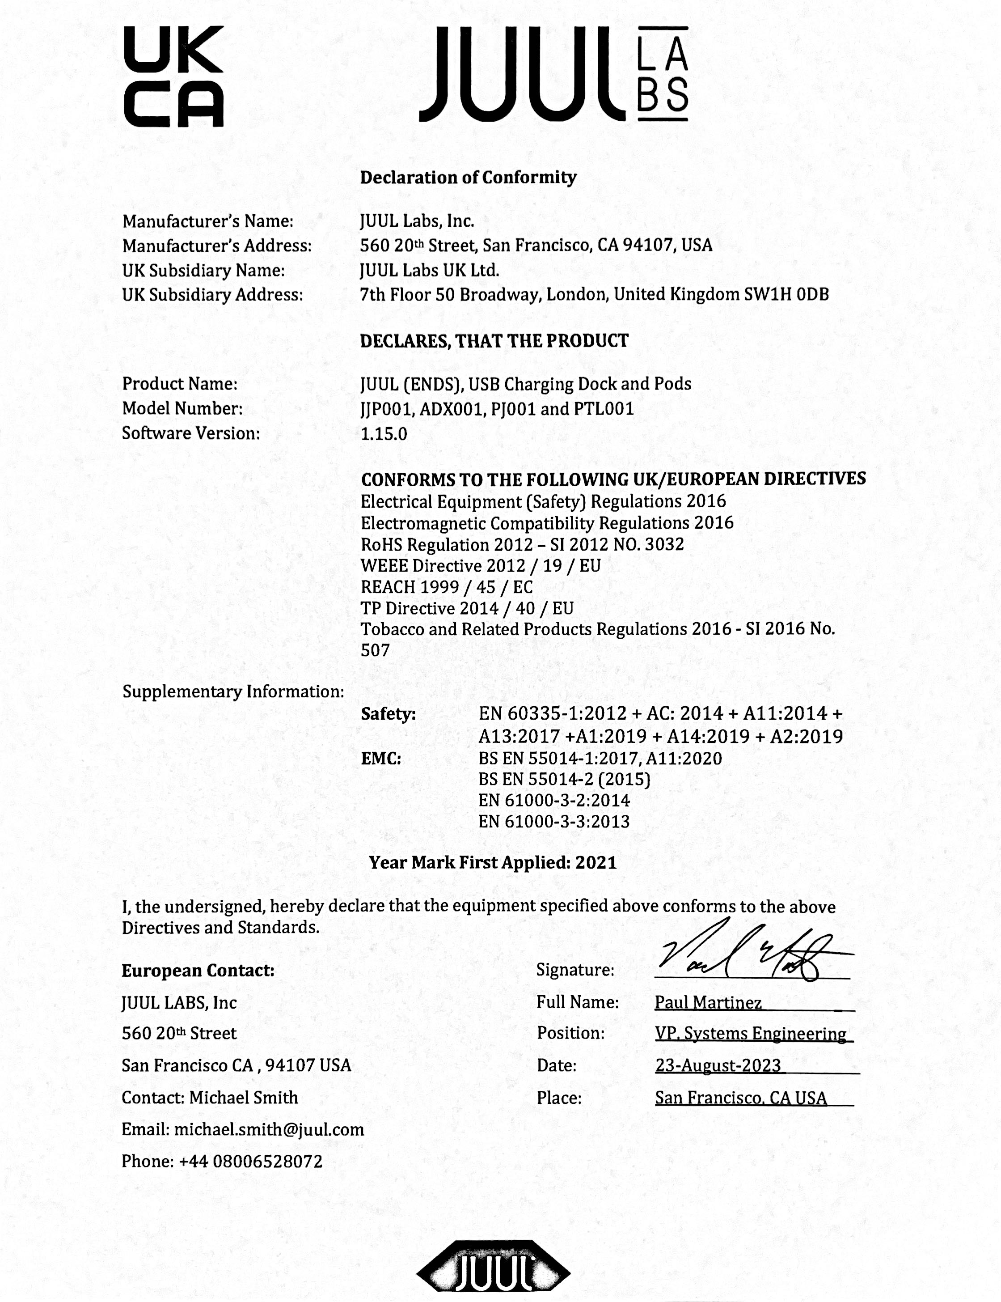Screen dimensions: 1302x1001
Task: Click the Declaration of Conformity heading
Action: (x=468, y=178)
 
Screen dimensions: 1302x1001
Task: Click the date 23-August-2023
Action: (x=718, y=1065)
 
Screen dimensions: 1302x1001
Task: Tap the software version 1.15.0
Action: (x=384, y=433)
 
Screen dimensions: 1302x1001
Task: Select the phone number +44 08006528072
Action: (x=250, y=1161)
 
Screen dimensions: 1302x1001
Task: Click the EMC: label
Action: (x=381, y=759)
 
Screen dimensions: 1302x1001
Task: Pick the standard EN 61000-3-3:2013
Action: (x=553, y=822)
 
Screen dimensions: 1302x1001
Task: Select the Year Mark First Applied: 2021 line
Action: (x=493, y=863)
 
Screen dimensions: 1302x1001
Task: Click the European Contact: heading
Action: (x=198, y=971)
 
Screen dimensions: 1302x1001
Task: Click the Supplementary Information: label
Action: (x=233, y=691)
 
